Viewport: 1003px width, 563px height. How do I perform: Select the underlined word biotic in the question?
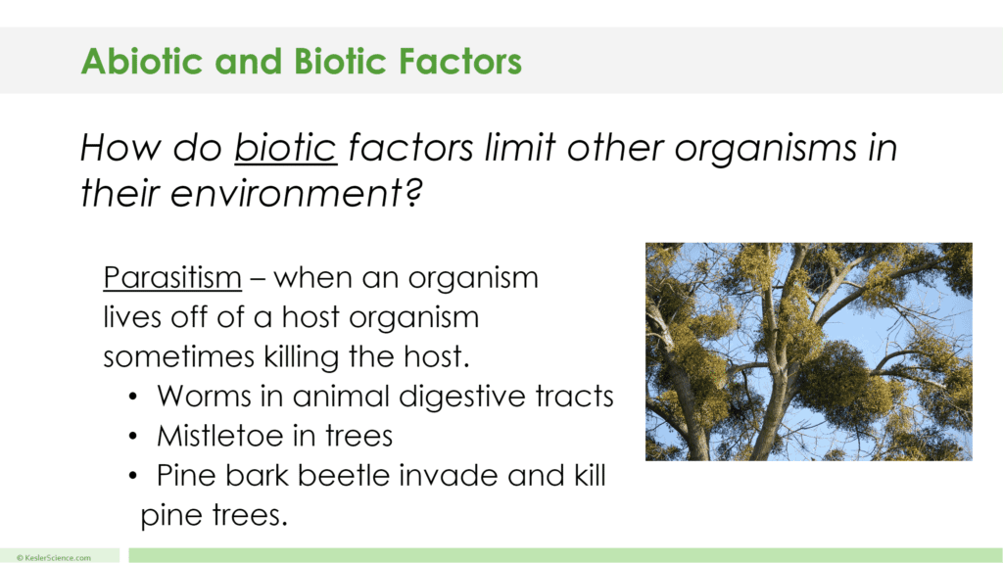pyautogui.click(x=285, y=149)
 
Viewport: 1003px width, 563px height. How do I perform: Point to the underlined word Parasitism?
pyautogui.click(x=172, y=278)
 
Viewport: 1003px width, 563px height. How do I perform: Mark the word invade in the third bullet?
pyautogui.click(x=476, y=476)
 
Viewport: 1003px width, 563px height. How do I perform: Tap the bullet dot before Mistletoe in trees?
pyautogui.click(x=133, y=437)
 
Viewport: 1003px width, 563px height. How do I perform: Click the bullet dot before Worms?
pyautogui.click(x=133, y=398)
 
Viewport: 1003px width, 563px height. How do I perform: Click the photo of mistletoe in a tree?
pyautogui.click(x=808, y=352)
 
